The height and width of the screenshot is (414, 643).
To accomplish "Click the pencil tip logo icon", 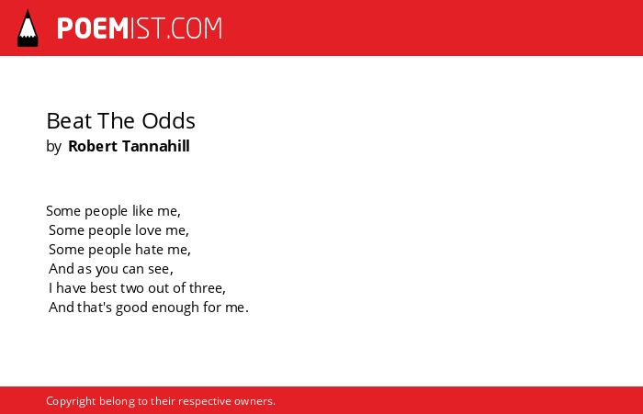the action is coord(28,28).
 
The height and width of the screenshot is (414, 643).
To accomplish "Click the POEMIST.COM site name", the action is coord(140,28).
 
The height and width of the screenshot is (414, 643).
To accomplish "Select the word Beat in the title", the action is coord(69,121).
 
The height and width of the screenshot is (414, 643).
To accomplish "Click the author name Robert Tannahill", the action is coord(129,146).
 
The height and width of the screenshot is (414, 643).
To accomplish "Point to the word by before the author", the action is coord(53,147).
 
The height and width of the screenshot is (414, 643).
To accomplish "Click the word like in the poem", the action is coord(142,211).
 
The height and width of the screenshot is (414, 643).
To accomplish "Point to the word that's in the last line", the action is coord(95,307).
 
